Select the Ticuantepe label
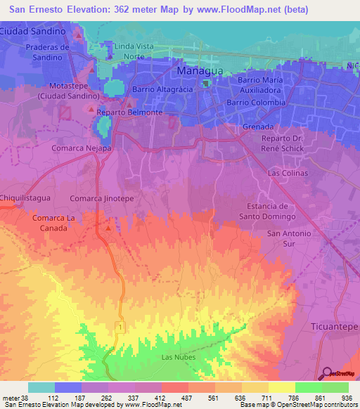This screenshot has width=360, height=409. (x=333, y=327)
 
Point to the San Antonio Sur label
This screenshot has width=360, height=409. (x=288, y=238)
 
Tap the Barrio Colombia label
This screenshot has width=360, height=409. (x=255, y=103)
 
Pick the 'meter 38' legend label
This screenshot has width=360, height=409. (x=15, y=397)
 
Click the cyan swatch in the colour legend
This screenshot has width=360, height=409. (x=41, y=387)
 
